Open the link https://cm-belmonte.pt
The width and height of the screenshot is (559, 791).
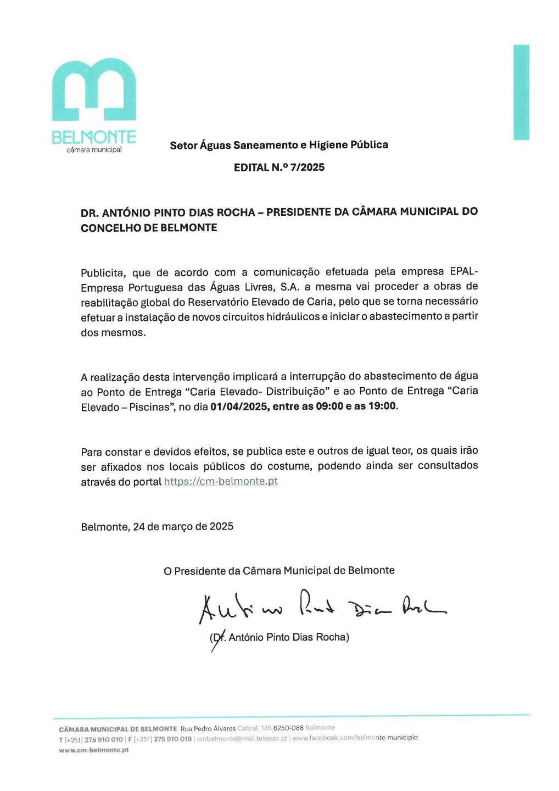pos(221,482)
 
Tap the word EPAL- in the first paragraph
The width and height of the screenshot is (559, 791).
pos(464,272)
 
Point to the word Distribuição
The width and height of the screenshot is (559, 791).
pos(292,391)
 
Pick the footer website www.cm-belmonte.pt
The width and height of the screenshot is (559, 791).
pos(94,750)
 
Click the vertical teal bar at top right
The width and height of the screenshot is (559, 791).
pos(521,92)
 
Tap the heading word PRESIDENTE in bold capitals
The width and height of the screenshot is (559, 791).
pos(298,212)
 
